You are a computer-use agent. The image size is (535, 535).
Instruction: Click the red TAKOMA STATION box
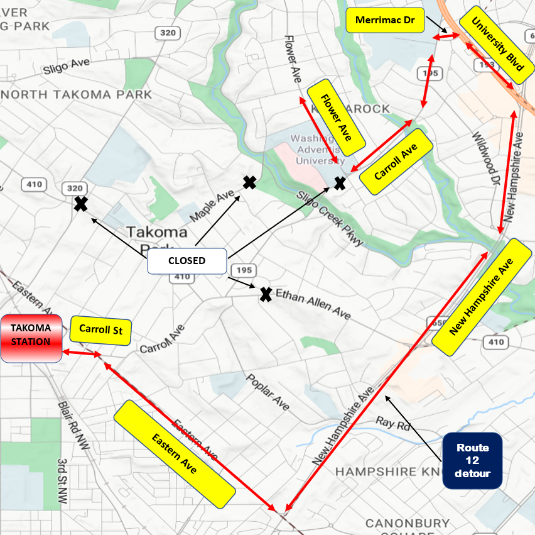31,338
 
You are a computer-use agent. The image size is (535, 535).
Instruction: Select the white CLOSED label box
186,261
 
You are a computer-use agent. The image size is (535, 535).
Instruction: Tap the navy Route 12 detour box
472,460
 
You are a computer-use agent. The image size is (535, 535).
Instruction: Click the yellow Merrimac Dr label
385,20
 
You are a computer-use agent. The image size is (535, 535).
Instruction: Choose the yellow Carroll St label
100,329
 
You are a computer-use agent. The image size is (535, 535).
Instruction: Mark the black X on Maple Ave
249,183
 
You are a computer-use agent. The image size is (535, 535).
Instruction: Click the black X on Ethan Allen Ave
266,294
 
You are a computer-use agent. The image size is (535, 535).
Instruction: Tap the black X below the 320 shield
80,204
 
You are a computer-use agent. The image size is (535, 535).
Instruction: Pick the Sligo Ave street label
67,66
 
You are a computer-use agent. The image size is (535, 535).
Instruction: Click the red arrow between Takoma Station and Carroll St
80,354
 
